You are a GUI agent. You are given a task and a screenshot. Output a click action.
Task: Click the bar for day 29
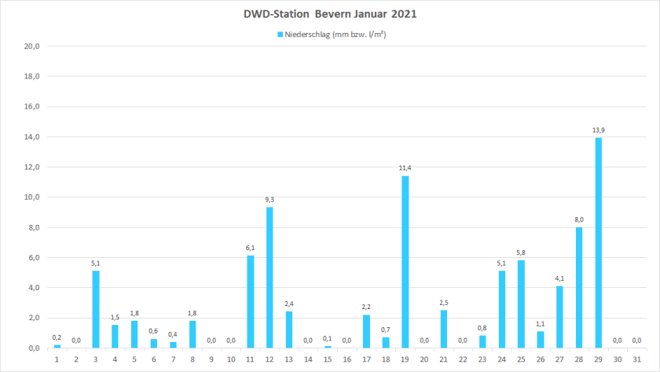tap(599, 243)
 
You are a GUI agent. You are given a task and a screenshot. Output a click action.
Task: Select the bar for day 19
tap(405, 262)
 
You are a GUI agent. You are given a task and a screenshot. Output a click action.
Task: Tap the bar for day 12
tap(269, 278)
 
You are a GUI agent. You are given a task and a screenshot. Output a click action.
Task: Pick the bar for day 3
tap(96, 309)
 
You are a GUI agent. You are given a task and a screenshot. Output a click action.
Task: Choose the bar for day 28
tap(579, 287)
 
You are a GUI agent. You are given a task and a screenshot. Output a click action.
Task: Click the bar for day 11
tap(251, 302)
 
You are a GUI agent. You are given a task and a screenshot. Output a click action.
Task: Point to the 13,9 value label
tap(599, 129)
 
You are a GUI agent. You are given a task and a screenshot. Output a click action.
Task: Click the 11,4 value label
tap(405, 167)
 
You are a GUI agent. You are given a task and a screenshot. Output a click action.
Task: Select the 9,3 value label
tap(269, 199)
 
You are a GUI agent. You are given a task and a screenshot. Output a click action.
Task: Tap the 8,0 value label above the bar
tap(579, 219)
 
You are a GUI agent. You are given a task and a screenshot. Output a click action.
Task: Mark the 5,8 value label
tap(521, 252)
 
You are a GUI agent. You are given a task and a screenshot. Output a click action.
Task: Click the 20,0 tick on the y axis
tap(32, 46)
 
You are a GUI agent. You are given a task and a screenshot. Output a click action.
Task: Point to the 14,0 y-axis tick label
tap(32, 137)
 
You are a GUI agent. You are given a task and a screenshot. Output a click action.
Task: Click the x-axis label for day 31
tap(637, 359)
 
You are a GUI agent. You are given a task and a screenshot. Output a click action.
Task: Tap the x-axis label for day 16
tap(347, 359)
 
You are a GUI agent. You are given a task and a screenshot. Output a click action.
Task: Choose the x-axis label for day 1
tap(57, 359)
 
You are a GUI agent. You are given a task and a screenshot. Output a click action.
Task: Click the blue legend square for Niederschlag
tap(280, 35)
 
